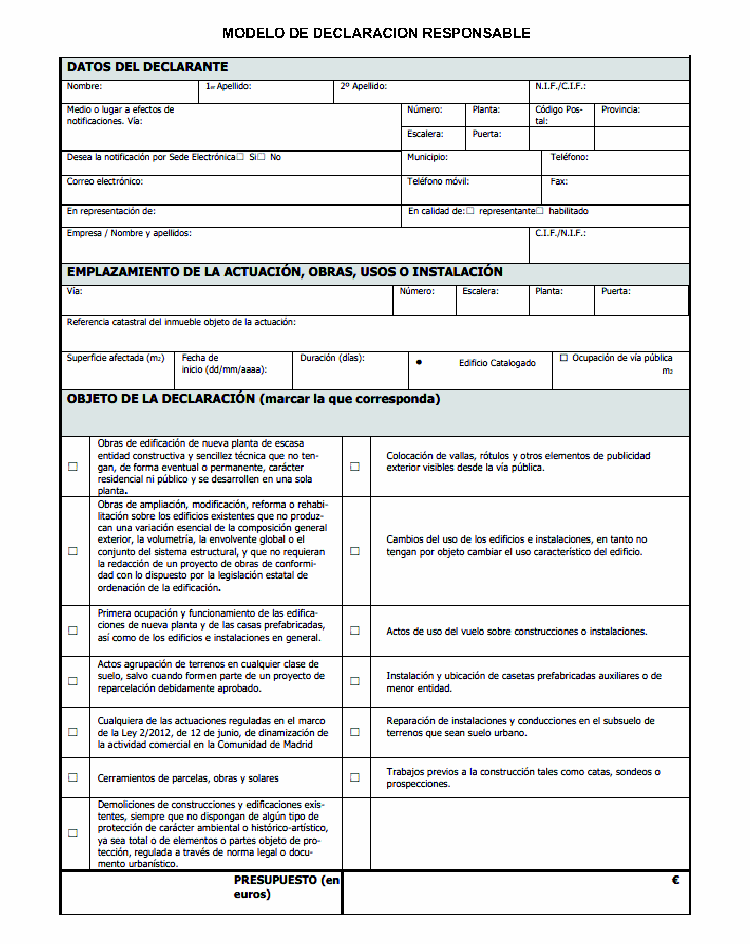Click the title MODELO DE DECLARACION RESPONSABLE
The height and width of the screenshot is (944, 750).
(x=376, y=33)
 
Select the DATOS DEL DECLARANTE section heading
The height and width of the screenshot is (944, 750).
(x=147, y=67)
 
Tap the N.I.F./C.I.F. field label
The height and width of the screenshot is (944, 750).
(x=560, y=86)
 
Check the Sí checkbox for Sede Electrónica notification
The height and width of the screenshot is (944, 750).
(x=240, y=157)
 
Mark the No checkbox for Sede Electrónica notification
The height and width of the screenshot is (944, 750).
(x=261, y=157)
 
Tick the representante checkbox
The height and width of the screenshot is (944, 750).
(x=470, y=211)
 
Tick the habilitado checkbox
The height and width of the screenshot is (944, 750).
(x=540, y=211)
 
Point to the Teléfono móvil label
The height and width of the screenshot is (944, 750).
(x=438, y=181)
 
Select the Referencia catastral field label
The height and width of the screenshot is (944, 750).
(x=181, y=322)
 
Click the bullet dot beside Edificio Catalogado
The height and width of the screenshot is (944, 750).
(x=419, y=362)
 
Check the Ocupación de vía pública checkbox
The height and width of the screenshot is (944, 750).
(x=564, y=358)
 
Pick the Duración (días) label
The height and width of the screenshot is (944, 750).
(x=331, y=358)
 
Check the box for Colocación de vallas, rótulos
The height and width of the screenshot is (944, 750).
(x=354, y=467)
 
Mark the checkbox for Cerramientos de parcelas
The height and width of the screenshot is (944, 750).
(x=73, y=777)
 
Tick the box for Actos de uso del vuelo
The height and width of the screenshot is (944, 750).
(x=354, y=631)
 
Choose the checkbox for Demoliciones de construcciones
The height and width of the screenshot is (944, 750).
(x=73, y=833)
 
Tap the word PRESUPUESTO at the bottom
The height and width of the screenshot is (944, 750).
(x=276, y=880)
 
